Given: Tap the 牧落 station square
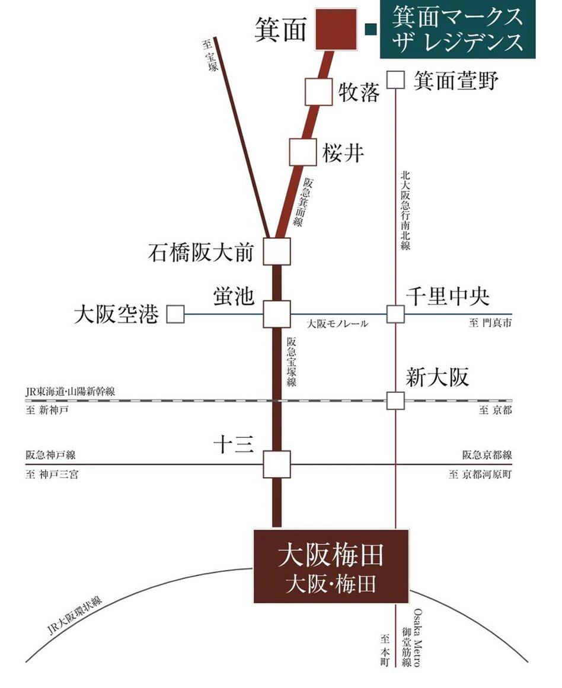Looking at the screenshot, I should [x=318, y=92].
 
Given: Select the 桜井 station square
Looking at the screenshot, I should [x=303, y=152].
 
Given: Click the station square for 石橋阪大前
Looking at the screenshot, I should [x=277, y=251].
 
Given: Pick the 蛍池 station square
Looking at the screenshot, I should [x=277, y=314].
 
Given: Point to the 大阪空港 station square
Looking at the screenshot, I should [x=175, y=314].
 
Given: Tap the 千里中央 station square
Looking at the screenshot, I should [x=395, y=314].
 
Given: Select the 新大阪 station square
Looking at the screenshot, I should [x=395, y=401].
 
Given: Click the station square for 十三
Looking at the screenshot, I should [x=277, y=464].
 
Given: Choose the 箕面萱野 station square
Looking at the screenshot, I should [x=395, y=79].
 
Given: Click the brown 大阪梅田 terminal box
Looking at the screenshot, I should [x=331, y=567].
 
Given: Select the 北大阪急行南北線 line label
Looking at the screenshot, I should [x=405, y=210].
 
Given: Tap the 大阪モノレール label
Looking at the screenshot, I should [x=337, y=324].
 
